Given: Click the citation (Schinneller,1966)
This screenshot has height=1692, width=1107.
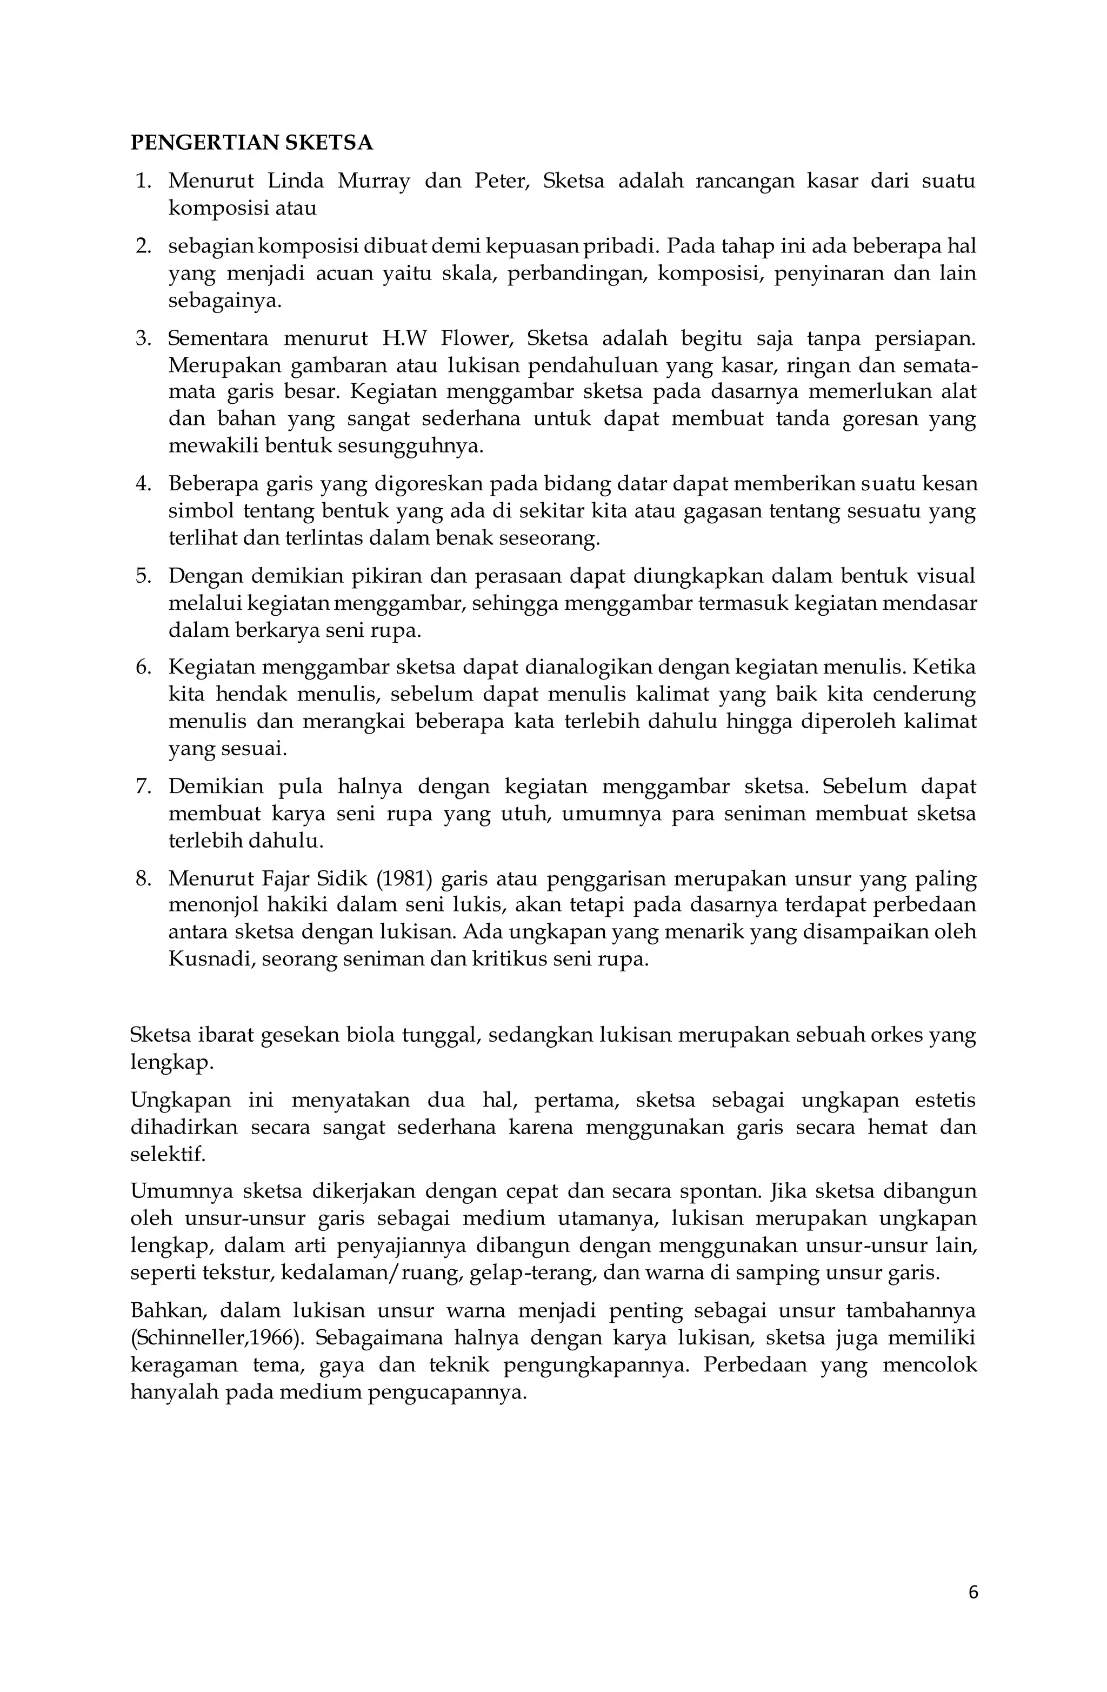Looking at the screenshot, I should click(217, 1338).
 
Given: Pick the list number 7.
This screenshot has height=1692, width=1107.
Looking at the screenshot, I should click(144, 787).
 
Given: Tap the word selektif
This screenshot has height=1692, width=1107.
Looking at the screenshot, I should click(167, 1154).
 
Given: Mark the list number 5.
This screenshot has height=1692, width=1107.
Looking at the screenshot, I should click(144, 575).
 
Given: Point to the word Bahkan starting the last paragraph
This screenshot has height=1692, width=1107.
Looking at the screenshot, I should click(168, 1310).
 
